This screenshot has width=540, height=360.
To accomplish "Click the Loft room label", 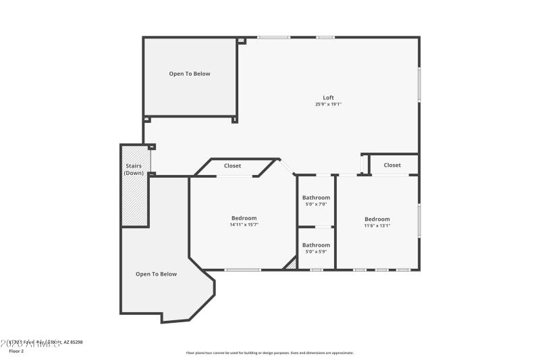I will click(x=328, y=98).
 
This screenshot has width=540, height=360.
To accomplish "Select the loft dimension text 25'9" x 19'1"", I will click(x=328, y=105).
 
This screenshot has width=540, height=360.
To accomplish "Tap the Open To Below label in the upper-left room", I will click(x=190, y=74).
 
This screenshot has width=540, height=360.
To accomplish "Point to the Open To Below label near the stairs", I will click(x=156, y=274).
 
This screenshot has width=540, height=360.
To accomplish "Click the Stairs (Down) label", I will click(x=134, y=170).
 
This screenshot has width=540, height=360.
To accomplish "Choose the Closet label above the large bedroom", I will click(x=233, y=165).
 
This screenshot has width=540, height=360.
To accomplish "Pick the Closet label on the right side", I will click(x=392, y=165).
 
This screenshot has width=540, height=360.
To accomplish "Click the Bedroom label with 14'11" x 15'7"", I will click(x=244, y=218).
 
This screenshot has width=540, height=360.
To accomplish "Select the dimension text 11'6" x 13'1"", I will click(x=377, y=226).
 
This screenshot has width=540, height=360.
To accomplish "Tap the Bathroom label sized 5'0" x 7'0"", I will click(x=316, y=198).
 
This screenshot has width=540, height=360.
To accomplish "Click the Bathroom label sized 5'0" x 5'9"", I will click(x=316, y=245).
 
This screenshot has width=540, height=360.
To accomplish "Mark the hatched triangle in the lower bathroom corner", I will click(x=292, y=265).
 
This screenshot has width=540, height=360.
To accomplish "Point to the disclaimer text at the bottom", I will click(x=269, y=353).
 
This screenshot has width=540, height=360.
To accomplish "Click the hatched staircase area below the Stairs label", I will click(x=134, y=203).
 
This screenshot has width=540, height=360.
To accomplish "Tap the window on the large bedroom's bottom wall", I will click(x=243, y=270).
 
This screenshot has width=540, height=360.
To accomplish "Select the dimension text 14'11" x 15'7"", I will click(x=244, y=225).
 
